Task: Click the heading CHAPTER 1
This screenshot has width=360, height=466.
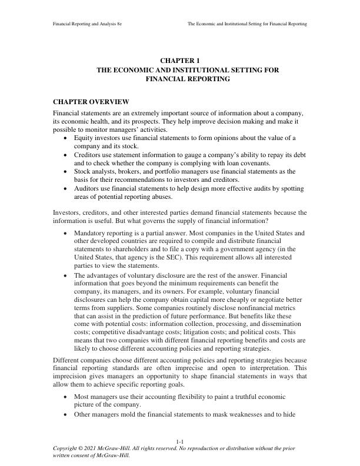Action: pyautogui.click(x=179, y=61)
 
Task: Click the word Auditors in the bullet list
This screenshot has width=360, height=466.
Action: pyautogui.click(x=87, y=189)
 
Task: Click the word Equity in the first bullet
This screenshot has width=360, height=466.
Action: pyautogui.click(x=83, y=138)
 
